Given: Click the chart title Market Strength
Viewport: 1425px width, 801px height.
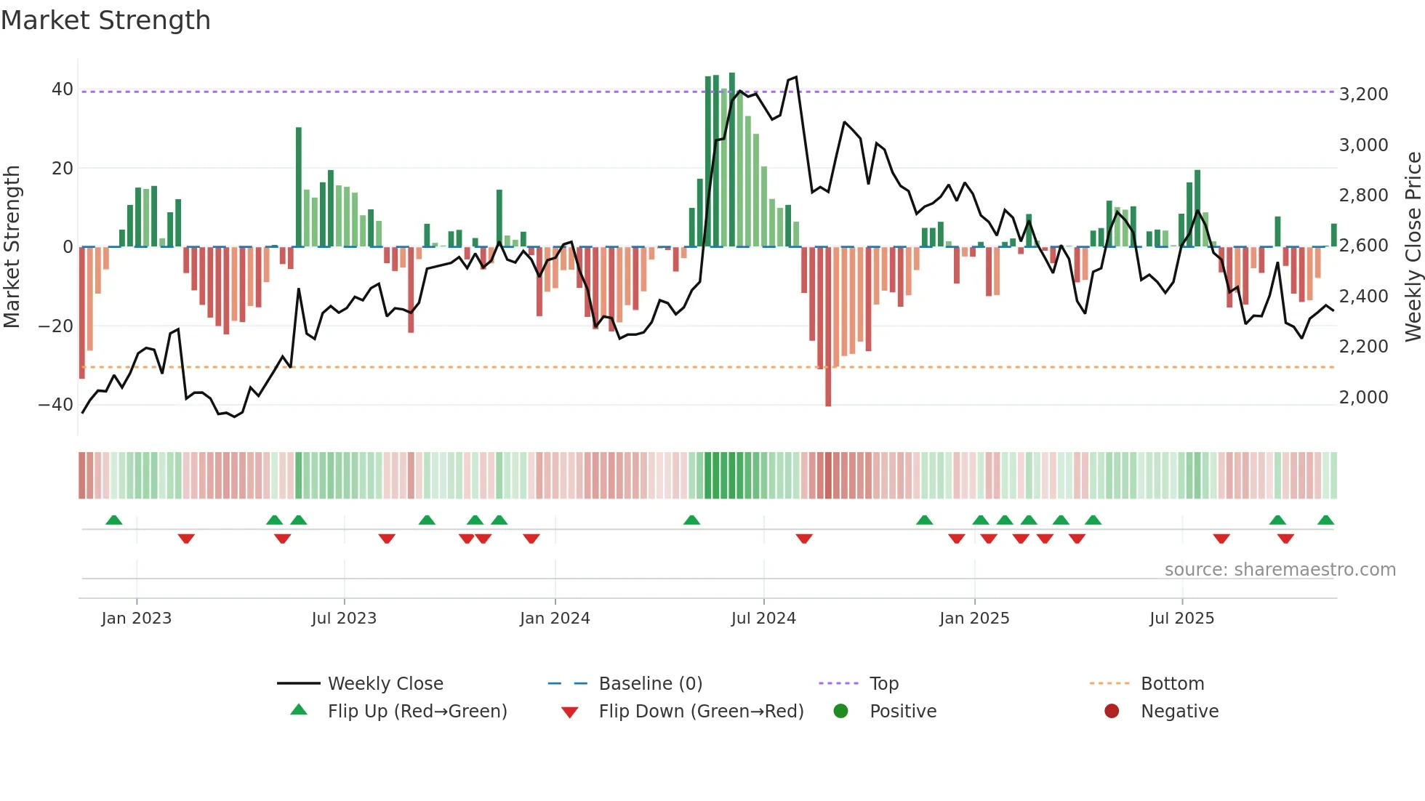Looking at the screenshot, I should [105, 20].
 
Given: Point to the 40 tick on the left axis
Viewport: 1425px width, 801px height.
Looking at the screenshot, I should [62, 89].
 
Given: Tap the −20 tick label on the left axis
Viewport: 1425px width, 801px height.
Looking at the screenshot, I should [55, 326].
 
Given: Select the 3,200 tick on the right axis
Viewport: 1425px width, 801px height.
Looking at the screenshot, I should [1363, 94].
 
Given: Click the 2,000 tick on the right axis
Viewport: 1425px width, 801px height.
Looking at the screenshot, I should [1363, 398].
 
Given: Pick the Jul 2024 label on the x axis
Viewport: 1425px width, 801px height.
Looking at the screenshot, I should [763, 619].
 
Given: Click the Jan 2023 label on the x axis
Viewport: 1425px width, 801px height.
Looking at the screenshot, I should [137, 619].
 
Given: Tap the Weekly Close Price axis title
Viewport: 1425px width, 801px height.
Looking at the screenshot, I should [1413, 246].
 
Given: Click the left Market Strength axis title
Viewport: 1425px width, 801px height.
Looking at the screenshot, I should [12, 246].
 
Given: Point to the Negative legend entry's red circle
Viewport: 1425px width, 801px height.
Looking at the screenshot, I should [1111, 712].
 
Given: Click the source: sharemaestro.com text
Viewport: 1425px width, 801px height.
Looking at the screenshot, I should [1280, 570].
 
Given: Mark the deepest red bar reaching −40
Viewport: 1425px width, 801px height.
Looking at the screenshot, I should [828, 327].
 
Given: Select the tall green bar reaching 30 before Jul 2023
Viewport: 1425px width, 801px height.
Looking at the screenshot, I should [299, 188].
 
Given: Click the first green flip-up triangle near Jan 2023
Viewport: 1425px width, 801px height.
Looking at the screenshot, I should [114, 520].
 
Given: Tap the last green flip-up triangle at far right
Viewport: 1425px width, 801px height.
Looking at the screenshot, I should [1325, 520].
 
